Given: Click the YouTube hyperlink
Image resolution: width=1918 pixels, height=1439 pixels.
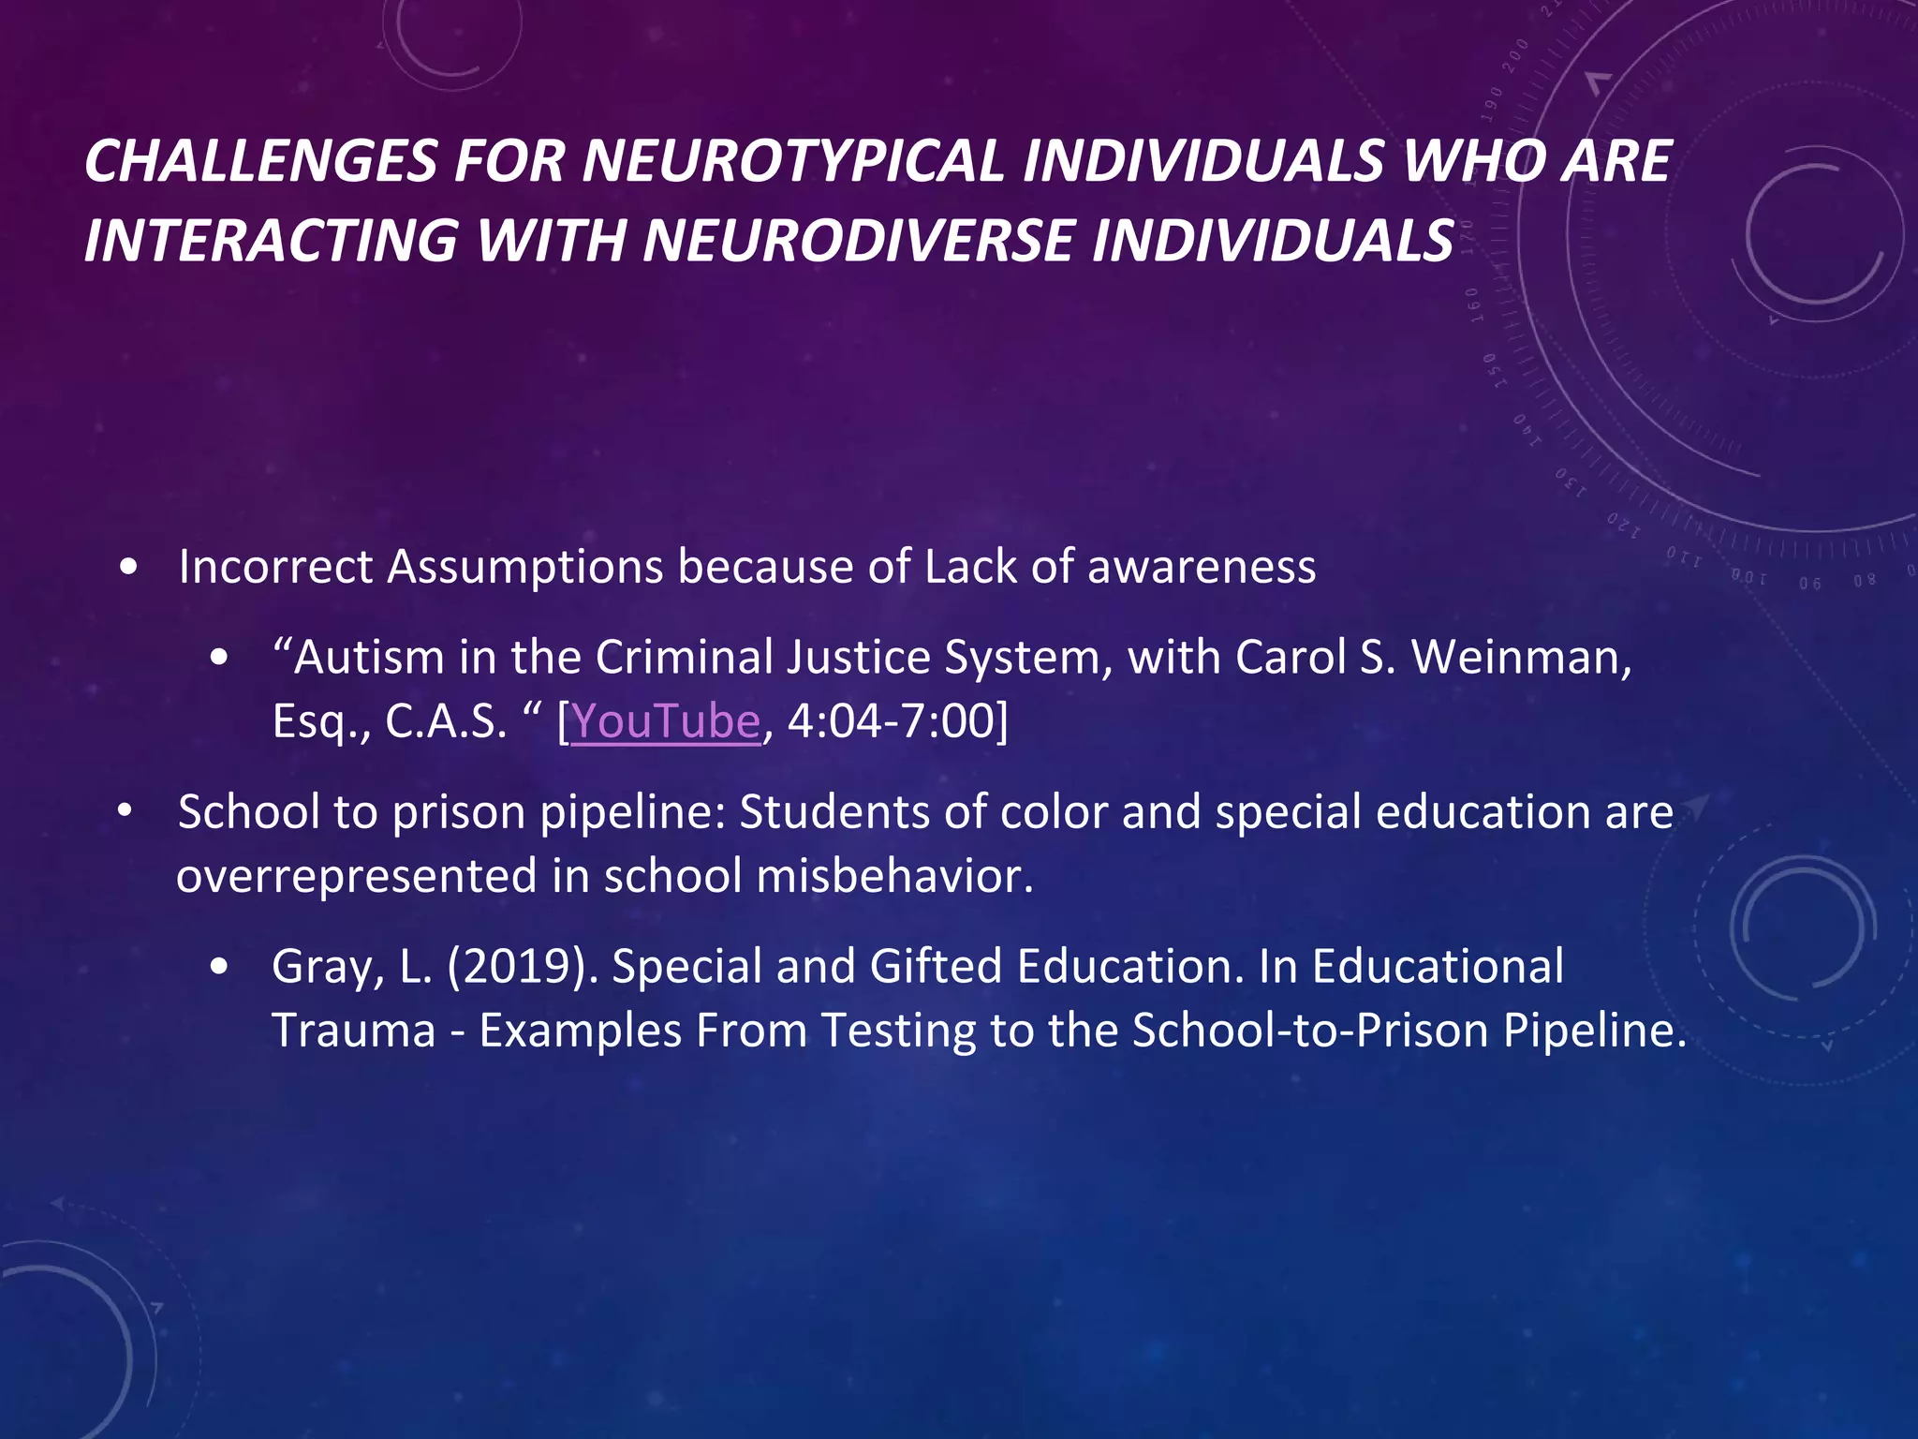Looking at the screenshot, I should coord(666,722).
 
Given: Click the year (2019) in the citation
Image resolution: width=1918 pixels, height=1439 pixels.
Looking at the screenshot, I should coord(522,967).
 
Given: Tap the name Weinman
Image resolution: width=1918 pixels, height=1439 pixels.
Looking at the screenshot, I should coord(1521,658).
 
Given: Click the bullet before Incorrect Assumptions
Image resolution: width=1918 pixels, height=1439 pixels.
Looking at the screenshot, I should coord(130,568).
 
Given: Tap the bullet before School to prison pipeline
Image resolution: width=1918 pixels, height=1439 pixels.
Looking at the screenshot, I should coord(125,811).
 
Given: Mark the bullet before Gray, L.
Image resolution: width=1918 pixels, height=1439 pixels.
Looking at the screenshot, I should coord(219,967).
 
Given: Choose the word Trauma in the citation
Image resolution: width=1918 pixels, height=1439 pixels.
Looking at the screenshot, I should coord(354,1031).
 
